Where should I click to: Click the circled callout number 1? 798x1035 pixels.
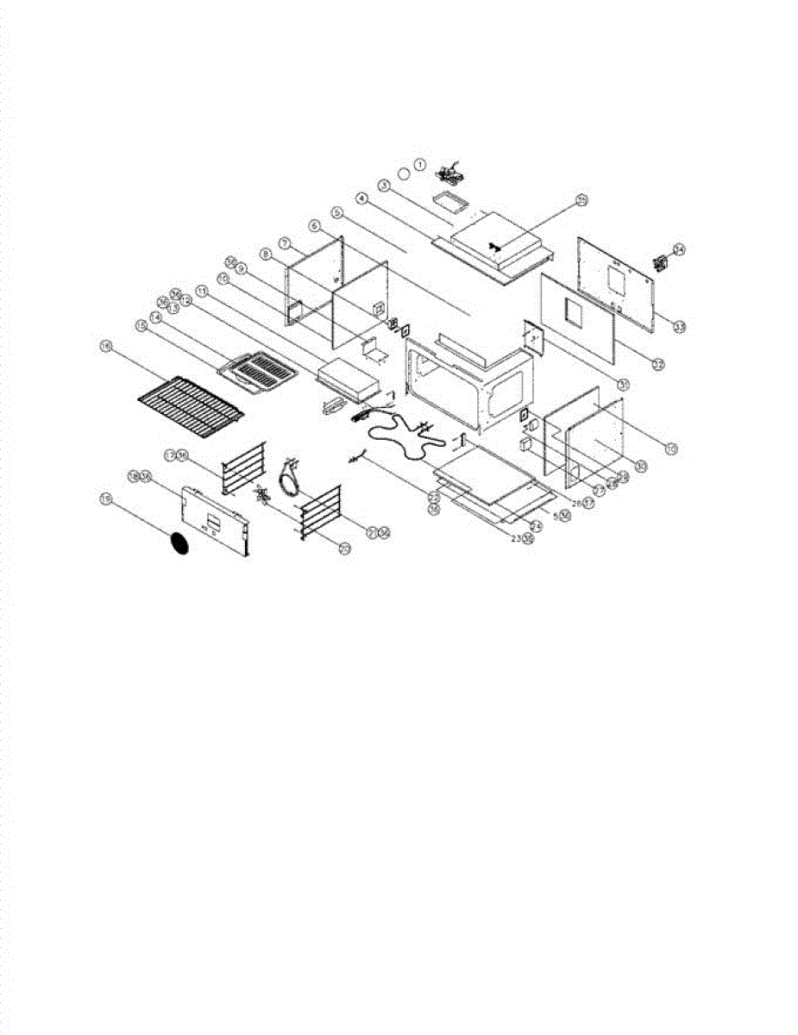pyautogui.click(x=420, y=163)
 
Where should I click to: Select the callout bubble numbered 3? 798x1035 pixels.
pyautogui.click(x=383, y=185)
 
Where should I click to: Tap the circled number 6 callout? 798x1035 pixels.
pyautogui.click(x=314, y=224)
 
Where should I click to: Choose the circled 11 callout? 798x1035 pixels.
pyautogui.click(x=202, y=291)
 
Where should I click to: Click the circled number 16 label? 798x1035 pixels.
pyautogui.click(x=106, y=346)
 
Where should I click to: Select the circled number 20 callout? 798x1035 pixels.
pyautogui.click(x=344, y=549)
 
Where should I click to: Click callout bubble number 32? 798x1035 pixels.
pyautogui.click(x=657, y=365)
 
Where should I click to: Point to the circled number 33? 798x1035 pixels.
pyautogui.click(x=680, y=326)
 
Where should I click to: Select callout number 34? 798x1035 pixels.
pyautogui.click(x=679, y=250)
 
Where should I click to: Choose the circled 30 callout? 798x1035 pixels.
pyautogui.click(x=641, y=466)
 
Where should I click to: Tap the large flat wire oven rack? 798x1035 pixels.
pyautogui.click(x=192, y=398)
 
